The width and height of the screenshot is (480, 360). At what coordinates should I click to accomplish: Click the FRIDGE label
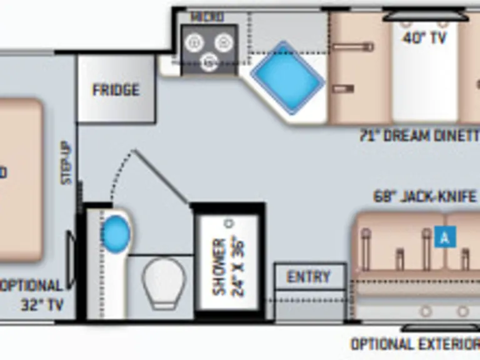coord(116,90)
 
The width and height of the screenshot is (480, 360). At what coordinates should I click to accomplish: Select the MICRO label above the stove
coord(207,17)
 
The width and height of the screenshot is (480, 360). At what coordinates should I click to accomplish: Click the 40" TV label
coord(424,38)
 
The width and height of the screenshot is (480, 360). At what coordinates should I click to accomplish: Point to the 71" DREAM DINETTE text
coord(419,135)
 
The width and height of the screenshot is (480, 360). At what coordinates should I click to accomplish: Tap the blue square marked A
coord(445,237)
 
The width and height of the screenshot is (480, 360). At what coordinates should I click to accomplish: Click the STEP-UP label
coord(66,163)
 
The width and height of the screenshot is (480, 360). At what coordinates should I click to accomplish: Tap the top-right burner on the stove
coord(224,42)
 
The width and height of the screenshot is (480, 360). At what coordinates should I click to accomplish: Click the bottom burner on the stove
coord(209,61)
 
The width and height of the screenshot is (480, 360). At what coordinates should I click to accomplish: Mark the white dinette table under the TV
coord(424,81)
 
